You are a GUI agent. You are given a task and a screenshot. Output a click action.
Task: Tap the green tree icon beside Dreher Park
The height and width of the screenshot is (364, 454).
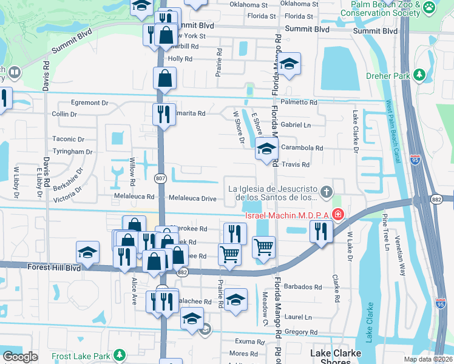coord(419,75)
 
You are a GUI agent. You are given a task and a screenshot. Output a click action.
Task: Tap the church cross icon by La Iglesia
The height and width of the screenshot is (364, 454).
coord(327,193)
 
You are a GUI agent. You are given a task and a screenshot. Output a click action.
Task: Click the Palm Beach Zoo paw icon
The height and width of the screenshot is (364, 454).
coord(430,7)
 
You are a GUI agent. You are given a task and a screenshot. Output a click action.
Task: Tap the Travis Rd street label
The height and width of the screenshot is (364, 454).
coord(296,164)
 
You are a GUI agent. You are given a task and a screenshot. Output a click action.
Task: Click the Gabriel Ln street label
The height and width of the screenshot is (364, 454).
coord(296,125)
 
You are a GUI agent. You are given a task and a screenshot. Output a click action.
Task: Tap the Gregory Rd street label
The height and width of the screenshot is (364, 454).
coord(296,332)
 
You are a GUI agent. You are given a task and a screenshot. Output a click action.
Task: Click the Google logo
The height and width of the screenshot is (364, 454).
coord(21,357)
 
